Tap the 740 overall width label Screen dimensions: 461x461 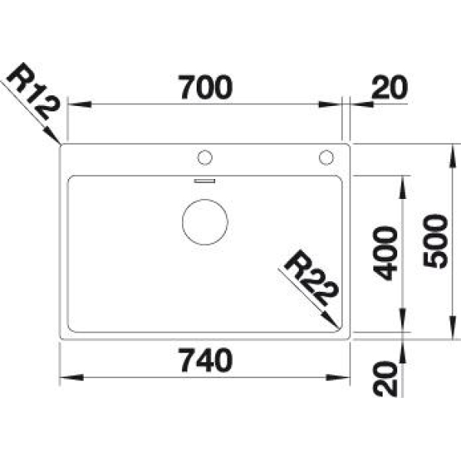(206, 360)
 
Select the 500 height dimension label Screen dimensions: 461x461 (435, 241)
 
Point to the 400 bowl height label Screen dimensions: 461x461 (385, 253)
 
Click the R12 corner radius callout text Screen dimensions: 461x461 (33, 91)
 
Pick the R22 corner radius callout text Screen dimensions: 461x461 (310, 278)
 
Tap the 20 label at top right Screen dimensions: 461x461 (390, 87)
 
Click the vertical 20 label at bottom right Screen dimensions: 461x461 (385, 379)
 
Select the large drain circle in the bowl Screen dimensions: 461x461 (205, 222)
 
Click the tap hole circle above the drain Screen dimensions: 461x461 (205, 158)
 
